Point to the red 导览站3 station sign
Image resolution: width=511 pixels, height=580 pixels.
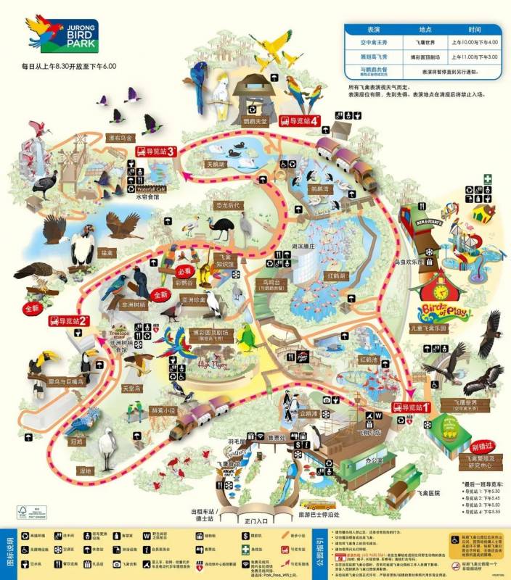[156, 152]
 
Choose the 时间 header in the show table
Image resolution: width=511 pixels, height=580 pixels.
[474, 30]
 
